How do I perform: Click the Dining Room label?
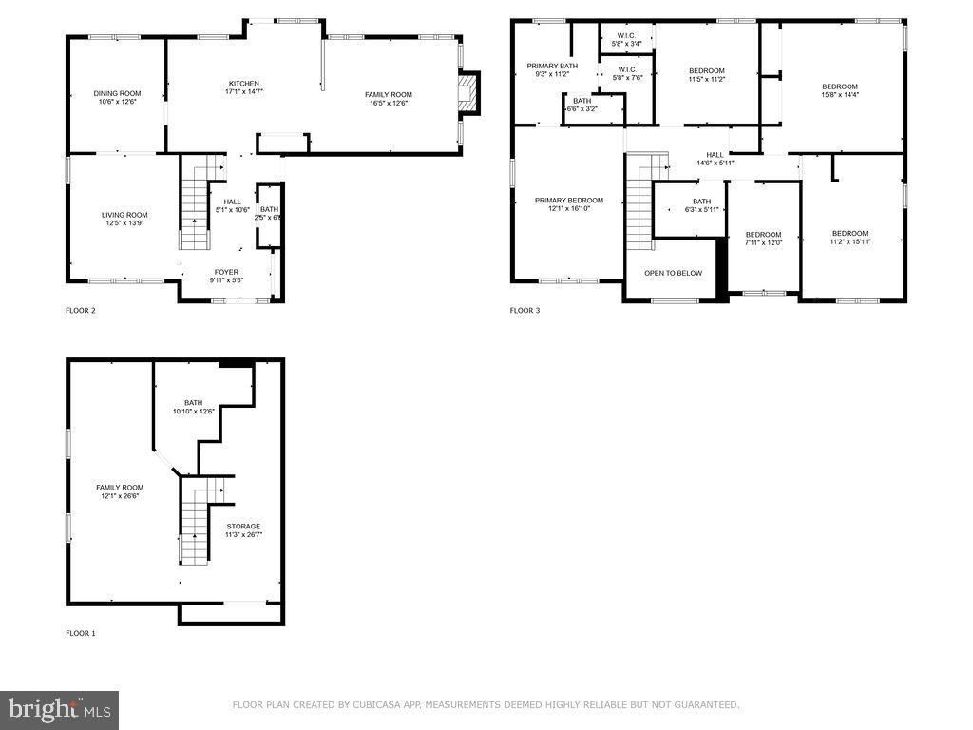[x=117, y=94]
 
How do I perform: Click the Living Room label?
[x=124, y=215]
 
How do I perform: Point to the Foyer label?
[x=226, y=272]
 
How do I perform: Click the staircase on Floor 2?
[x=195, y=204]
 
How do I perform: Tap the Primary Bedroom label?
[x=568, y=201]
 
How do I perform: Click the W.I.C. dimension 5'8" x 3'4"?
[x=626, y=44]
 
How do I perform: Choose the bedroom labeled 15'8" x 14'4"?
[x=839, y=87]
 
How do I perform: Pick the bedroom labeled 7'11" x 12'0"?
[x=763, y=235]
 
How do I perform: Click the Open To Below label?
[x=673, y=273]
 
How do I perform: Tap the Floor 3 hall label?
[x=715, y=155]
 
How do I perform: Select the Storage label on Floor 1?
[x=243, y=526]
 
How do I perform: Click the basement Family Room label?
[x=119, y=488]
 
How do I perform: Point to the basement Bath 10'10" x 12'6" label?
[x=193, y=404]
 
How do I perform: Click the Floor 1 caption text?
[x=80, y=633]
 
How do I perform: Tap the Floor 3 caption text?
[x=525, y=311]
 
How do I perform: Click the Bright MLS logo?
[x=60, y=709]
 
